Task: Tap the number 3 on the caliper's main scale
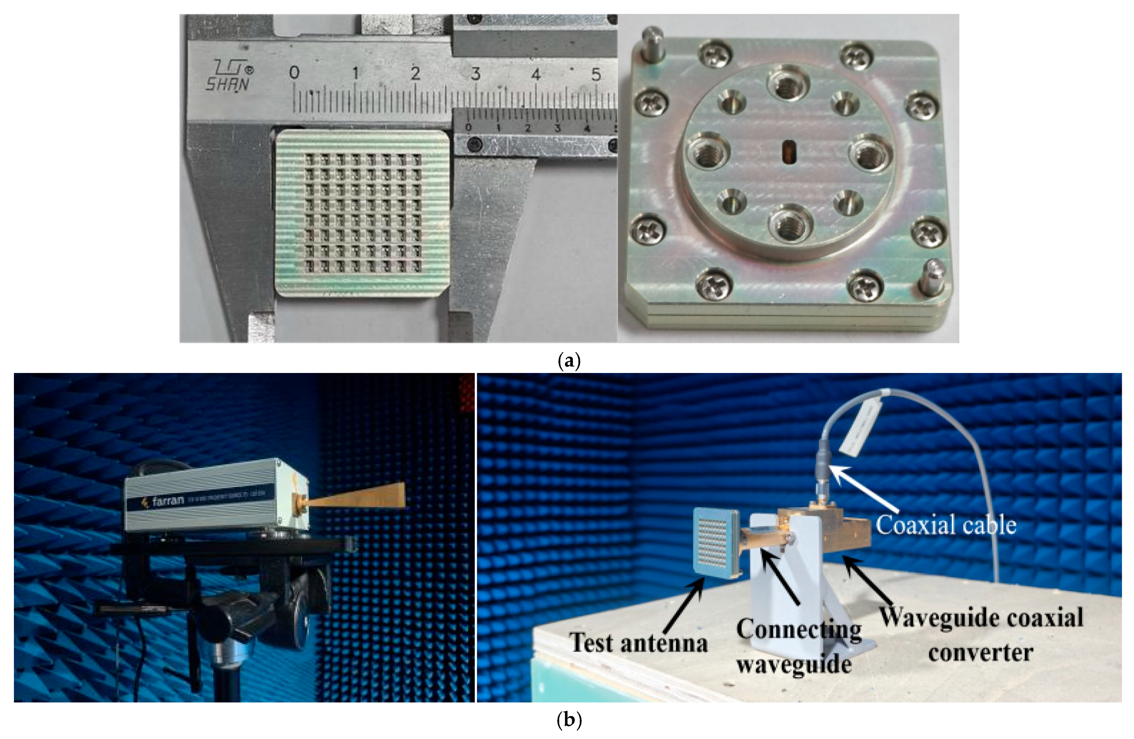pos(475,74)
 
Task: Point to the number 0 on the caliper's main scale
pos(294,73)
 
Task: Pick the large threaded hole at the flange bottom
pos(789,224)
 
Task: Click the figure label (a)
pos(569,361)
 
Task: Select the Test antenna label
pos(638,643)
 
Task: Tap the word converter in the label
pos(980,652)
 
